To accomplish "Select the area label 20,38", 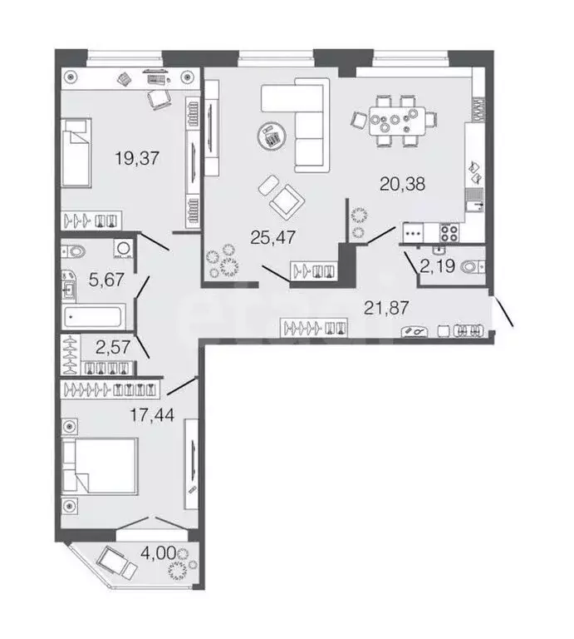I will point(402,185).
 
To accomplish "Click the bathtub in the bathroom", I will point(95,316).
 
